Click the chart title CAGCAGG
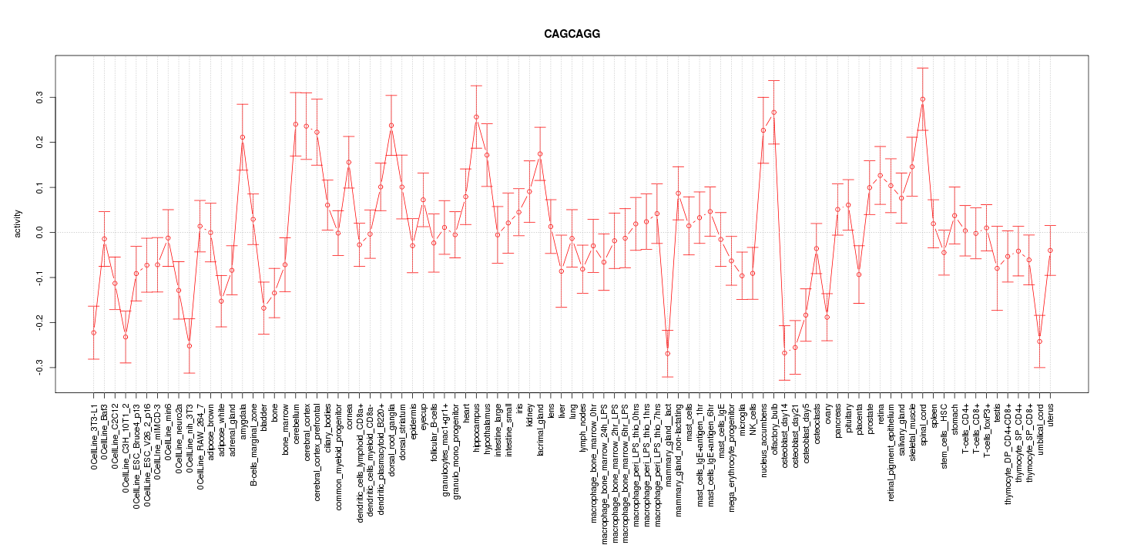(x=572, y=35)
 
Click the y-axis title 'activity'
(x=29, y=224)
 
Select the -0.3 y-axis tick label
(x=41, y=368)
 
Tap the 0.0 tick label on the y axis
(x=41, y=232)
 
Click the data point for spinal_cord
(x=922, y=99)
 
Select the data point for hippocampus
(x=476, y=117)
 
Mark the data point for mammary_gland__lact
(x=667, y=354)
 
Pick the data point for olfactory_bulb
(x=773, y=113)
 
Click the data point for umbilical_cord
(x=1039, y=341)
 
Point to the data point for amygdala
(x=242, y=137)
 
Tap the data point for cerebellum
(x=295, y=124)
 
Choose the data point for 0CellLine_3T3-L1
(x=93, y=333)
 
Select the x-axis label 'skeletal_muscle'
(x=912, y=431)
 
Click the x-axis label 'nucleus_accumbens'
(x=763, y=437)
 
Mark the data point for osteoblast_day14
(x=784, y=353)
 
